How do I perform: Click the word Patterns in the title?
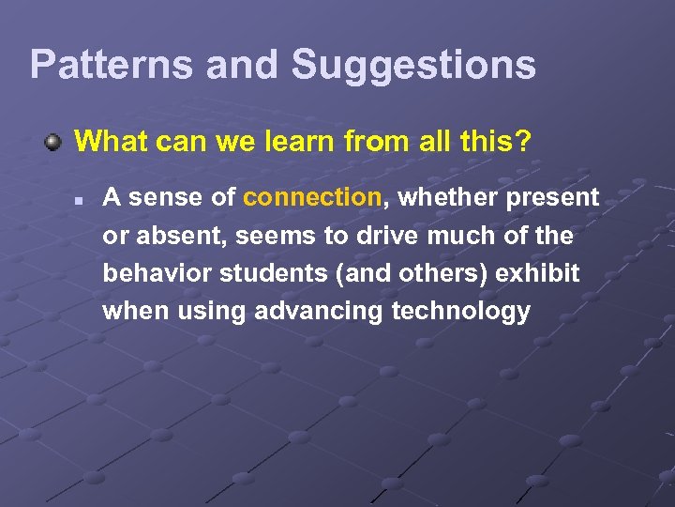point(111,65)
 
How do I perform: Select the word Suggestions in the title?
point(413,65)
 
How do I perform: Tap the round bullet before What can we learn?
point(54,143)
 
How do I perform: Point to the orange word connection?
point(311,197)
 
